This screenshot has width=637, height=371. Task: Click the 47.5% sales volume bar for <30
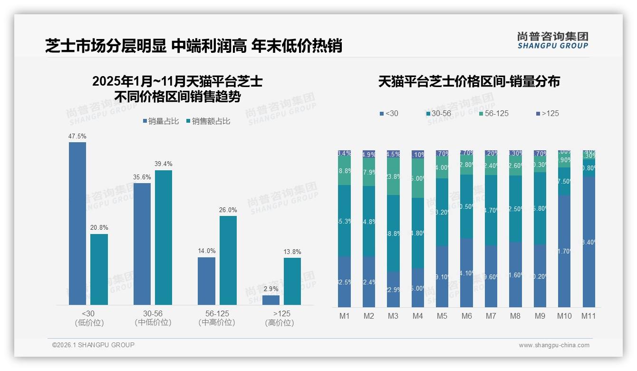tap(77, 224)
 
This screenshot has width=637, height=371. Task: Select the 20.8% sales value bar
tap(99, 269)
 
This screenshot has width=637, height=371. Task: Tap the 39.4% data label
tap(164, 164)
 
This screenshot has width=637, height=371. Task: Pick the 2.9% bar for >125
tap(271, 300)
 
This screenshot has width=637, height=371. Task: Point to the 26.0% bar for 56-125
tap(228, 260)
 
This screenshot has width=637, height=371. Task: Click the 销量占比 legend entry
tap(161, 121)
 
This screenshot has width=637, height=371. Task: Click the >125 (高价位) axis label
tap(282, 318)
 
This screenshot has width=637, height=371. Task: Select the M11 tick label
tap(589, 316)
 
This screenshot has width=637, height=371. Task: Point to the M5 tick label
tap(442, 316)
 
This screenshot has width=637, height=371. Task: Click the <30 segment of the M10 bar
tap(564, 251)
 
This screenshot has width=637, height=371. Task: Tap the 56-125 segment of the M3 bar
tap(393, 176)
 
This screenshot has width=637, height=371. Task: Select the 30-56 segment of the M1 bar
tap(344, 221)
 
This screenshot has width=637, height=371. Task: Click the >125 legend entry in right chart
tap(547, 114)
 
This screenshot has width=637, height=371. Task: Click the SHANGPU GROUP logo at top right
tap(553, 40)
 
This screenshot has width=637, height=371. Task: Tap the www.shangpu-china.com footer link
tap(554, 345)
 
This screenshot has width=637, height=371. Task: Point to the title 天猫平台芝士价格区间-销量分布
tap(469, 82)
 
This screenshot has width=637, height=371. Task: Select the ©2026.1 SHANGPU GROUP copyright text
tap(93, 345)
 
